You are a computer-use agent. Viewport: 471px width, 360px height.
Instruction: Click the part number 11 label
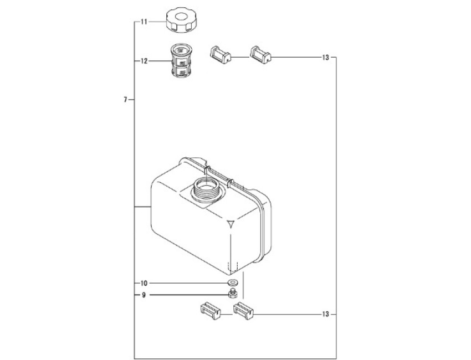click(144, 22)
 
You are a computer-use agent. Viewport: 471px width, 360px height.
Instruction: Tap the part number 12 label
click(144, 61)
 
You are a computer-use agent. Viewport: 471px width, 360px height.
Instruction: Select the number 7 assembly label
click(126, 100)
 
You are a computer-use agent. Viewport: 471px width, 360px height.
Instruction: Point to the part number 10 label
click(144, 283)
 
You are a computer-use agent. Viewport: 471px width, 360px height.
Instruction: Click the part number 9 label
click(144, 295)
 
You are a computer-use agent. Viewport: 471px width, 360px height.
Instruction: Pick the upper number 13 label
click(326, 58)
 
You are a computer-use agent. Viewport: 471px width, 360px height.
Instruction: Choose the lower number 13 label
click(326, 315)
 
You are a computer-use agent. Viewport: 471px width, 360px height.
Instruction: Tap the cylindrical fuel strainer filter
click(181, 61)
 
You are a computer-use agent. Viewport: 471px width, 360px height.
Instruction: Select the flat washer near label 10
click(232, 282)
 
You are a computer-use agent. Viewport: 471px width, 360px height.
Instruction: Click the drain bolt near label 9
click(233, 294)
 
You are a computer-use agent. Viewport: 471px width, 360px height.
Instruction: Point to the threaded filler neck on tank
click(206, 189)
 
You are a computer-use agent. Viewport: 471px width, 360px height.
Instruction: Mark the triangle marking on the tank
click(231, 224)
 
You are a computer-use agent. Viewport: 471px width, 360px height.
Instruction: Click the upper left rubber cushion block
click(220, 55)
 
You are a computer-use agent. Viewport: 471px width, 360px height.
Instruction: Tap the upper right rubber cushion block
click(260, 55)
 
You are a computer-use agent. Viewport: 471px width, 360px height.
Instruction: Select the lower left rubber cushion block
click(210, 311)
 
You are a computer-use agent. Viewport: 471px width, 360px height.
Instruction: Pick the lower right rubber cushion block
click(244, 311)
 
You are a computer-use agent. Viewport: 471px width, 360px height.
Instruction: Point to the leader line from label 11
click(157, 22)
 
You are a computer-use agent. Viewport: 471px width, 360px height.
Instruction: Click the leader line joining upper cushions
click(240, 57)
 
